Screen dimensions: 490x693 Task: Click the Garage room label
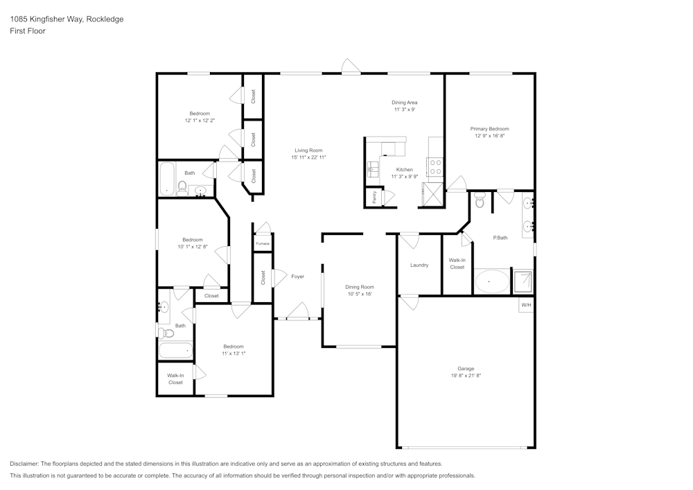coord(465,369)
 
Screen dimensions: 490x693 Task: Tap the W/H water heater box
coord(526,305)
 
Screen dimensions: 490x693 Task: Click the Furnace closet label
coord(262,244)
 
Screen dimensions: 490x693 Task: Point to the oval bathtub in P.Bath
coord(491,282)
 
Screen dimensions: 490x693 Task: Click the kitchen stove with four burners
coord(437,166)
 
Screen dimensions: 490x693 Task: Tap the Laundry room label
coord(419,265)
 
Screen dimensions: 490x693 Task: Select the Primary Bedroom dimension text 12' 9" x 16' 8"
coord(489,137)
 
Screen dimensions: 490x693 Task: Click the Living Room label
coord(308,150)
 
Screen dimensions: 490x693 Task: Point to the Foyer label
coord(297,277)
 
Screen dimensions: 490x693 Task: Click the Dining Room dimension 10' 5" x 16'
coord(360,294)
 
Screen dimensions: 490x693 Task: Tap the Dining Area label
coord(405,103)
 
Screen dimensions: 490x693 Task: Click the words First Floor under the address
coord(28,31)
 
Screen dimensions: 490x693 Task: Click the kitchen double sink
coord(373,166)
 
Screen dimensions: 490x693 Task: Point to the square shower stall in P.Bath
coord(522,281)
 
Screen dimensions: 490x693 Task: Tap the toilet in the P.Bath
coord(480,202)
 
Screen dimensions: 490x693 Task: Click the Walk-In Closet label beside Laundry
coord(457,263)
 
